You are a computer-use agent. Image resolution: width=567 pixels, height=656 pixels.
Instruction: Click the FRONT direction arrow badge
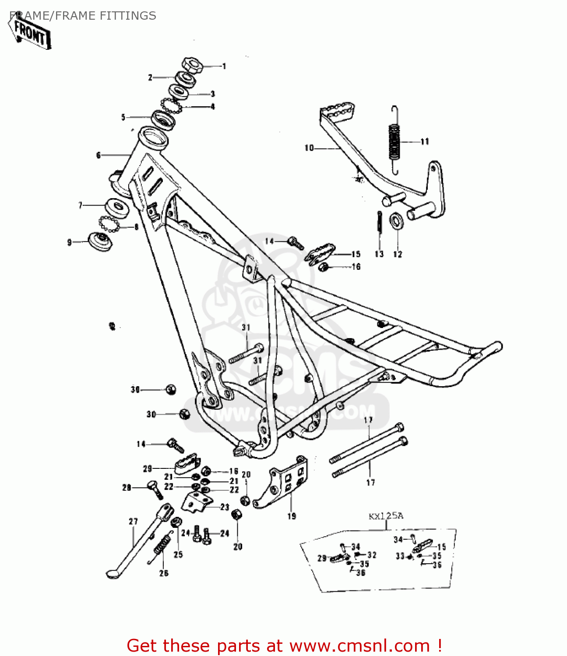(30, 32)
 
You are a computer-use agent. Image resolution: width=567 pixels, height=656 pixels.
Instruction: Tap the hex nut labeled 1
(192, 65)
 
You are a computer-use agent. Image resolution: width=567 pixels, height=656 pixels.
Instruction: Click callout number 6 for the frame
(99, 155)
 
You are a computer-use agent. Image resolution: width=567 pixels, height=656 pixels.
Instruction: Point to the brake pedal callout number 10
(309, 148)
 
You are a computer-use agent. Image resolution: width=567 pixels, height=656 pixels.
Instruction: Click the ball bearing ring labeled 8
(109, 224)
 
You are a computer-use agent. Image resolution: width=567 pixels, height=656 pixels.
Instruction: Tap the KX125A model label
(386, 516)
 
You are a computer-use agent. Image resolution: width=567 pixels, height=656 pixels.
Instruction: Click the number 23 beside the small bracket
(224, 507)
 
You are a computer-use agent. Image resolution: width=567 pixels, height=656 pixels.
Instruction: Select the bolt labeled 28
(154, 489)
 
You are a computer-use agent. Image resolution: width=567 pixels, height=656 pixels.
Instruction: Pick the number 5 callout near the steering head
(123, 117)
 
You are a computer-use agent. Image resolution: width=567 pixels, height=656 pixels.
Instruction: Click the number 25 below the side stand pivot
(178, 555)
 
